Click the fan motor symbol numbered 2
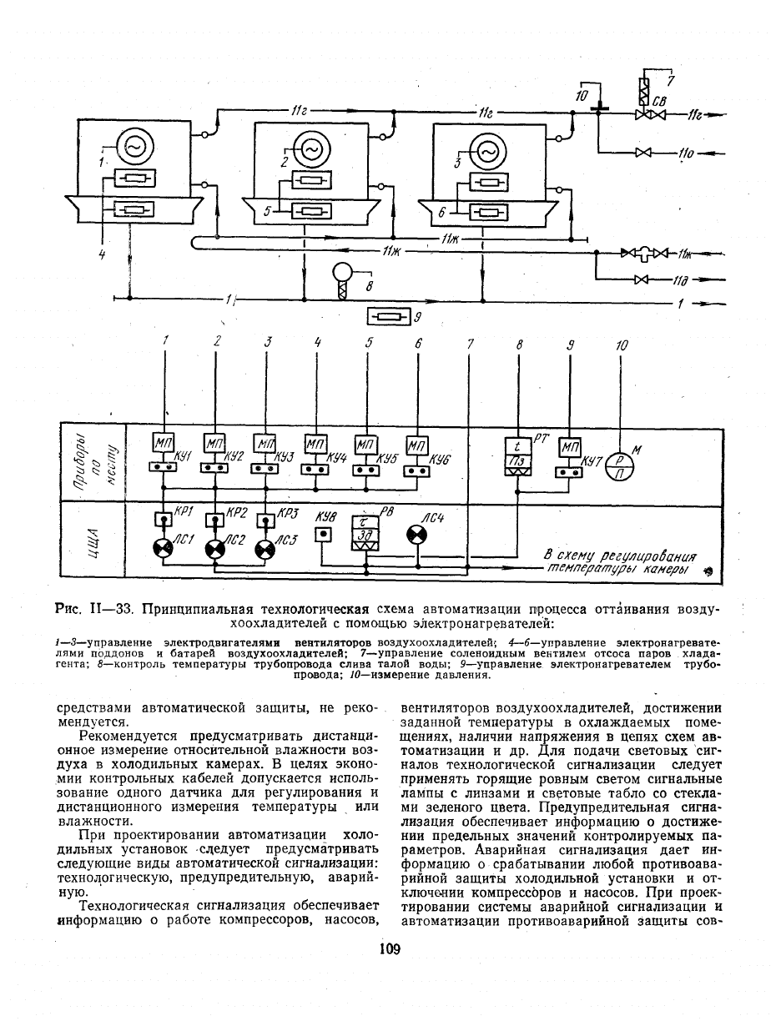tap(312, 150)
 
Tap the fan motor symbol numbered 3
tap(489, 152)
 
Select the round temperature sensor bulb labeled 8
tap(343, 273)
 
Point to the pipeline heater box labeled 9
tap(389, 317)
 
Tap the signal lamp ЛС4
tap(416, 535)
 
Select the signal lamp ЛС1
tap(163, 549)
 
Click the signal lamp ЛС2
tap(214, 550)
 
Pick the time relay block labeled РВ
tap(365, 532)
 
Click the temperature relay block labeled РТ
tap(517, 456)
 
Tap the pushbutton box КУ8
tap(323, 535)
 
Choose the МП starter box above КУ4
tap(316, 445)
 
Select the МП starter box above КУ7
tap(570, 447)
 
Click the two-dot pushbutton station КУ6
tap(416, 471)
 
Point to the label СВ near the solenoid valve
tap(659, 102)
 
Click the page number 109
tap(390, 949)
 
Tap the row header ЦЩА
tap(93, 539)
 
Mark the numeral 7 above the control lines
tap(470, 345)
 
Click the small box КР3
tap(266, 519)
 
